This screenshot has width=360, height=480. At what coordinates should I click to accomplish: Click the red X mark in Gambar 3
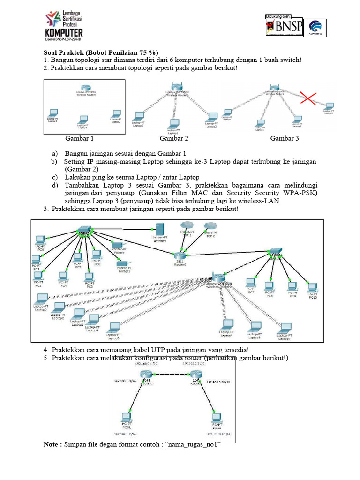click(308, 98)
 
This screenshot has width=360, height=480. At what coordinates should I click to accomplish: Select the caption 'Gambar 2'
click(174, 138)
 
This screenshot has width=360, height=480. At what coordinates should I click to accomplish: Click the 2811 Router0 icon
click(180, 255)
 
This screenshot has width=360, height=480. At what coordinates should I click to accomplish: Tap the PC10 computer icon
click(313, 287)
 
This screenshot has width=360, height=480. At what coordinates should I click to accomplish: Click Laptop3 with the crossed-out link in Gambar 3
click(330, 106)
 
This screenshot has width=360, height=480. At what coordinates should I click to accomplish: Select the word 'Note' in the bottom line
click(52, 444)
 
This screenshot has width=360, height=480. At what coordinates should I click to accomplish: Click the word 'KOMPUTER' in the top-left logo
click(63, 32)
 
